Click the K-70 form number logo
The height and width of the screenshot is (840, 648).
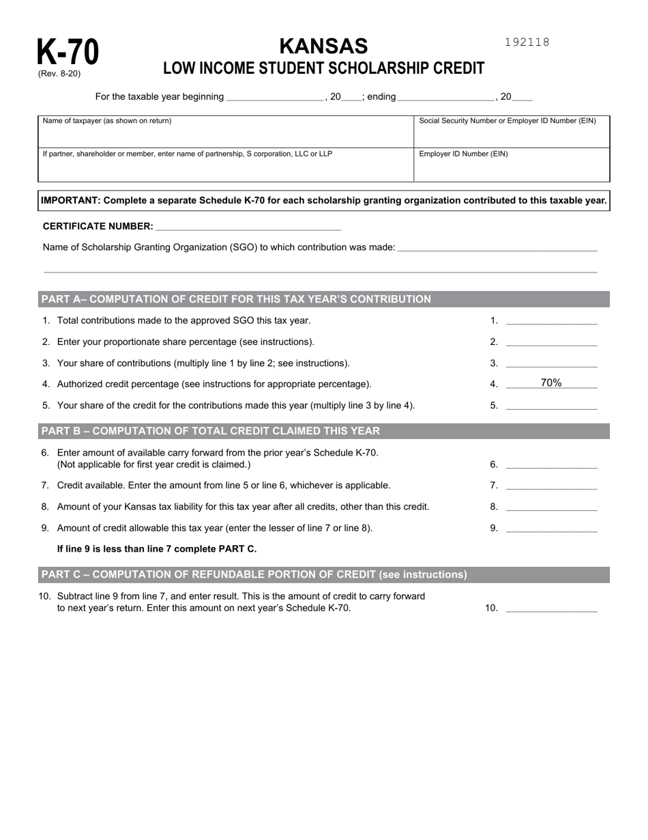[x=68, y=52]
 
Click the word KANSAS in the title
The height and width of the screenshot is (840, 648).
[x=323, y=46]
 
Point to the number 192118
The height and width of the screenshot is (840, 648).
[x=527, y=42]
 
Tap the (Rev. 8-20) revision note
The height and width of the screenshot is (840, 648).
[x=59, y=74]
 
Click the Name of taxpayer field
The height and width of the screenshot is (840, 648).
[x=225, y=131]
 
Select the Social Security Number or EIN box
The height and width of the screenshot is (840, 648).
[x=511, y=131]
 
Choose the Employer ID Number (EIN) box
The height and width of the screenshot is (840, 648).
[x=511, y=165]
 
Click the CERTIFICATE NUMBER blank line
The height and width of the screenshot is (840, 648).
[x=248, y=226]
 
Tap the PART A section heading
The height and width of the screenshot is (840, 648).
[x=236, y=299]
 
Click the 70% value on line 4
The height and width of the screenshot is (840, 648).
[x=551, y=383]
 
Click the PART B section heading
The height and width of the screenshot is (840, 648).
[x=211, y=431]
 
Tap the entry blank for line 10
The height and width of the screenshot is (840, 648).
[x=551, y=607]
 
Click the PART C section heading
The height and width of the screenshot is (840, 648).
[x=254, y=574]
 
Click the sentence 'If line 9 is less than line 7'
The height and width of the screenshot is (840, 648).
[x=157, y=549]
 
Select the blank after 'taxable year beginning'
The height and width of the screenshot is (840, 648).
[x=275, y=97]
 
